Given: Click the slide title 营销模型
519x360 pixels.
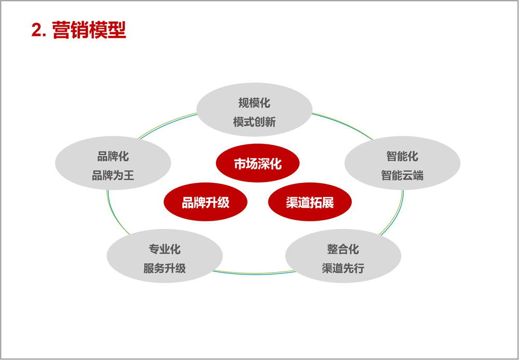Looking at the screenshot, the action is [x=89, y=31].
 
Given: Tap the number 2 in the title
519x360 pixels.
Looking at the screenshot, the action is [x=36, y=31].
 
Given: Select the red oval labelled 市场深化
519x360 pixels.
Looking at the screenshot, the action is [x=257, y=163].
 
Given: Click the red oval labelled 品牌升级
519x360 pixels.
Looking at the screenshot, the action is [x=206, y=202].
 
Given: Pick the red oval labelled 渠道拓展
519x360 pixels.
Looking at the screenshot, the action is [x=310, y=202].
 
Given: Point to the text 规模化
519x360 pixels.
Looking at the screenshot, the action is [x=254, y=103].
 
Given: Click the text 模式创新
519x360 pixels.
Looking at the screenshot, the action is [x=254, y=122].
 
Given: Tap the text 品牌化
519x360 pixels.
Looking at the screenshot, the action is [x=113, y=156].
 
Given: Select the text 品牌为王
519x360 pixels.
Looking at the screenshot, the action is [x=113, y=175].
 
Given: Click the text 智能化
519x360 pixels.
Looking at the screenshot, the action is [x=402, y=156].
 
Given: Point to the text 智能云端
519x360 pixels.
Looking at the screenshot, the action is [x=402, y=175].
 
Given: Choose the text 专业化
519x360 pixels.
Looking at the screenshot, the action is [x=165, y=249].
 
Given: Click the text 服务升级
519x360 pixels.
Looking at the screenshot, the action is [x=165, y=268].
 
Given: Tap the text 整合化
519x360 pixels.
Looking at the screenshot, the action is [x=343, y=249].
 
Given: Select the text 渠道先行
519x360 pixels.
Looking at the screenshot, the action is [x=343, y=268].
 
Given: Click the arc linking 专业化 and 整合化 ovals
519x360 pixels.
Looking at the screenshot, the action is [x=254, y=274].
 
